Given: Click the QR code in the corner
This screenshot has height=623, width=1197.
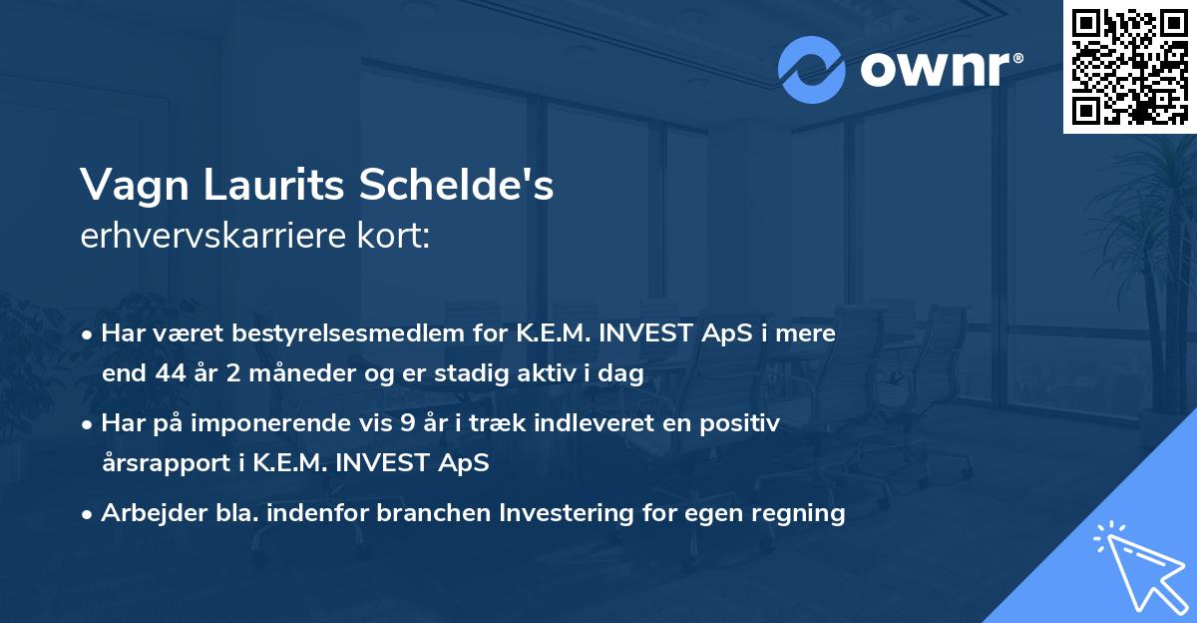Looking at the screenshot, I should click(1129, 66).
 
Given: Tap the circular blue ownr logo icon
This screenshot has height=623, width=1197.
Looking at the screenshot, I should click(812, 70).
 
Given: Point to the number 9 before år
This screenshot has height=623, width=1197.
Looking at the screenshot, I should click(407, 423).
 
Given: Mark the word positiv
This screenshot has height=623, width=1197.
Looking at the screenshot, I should click(739, 423).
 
